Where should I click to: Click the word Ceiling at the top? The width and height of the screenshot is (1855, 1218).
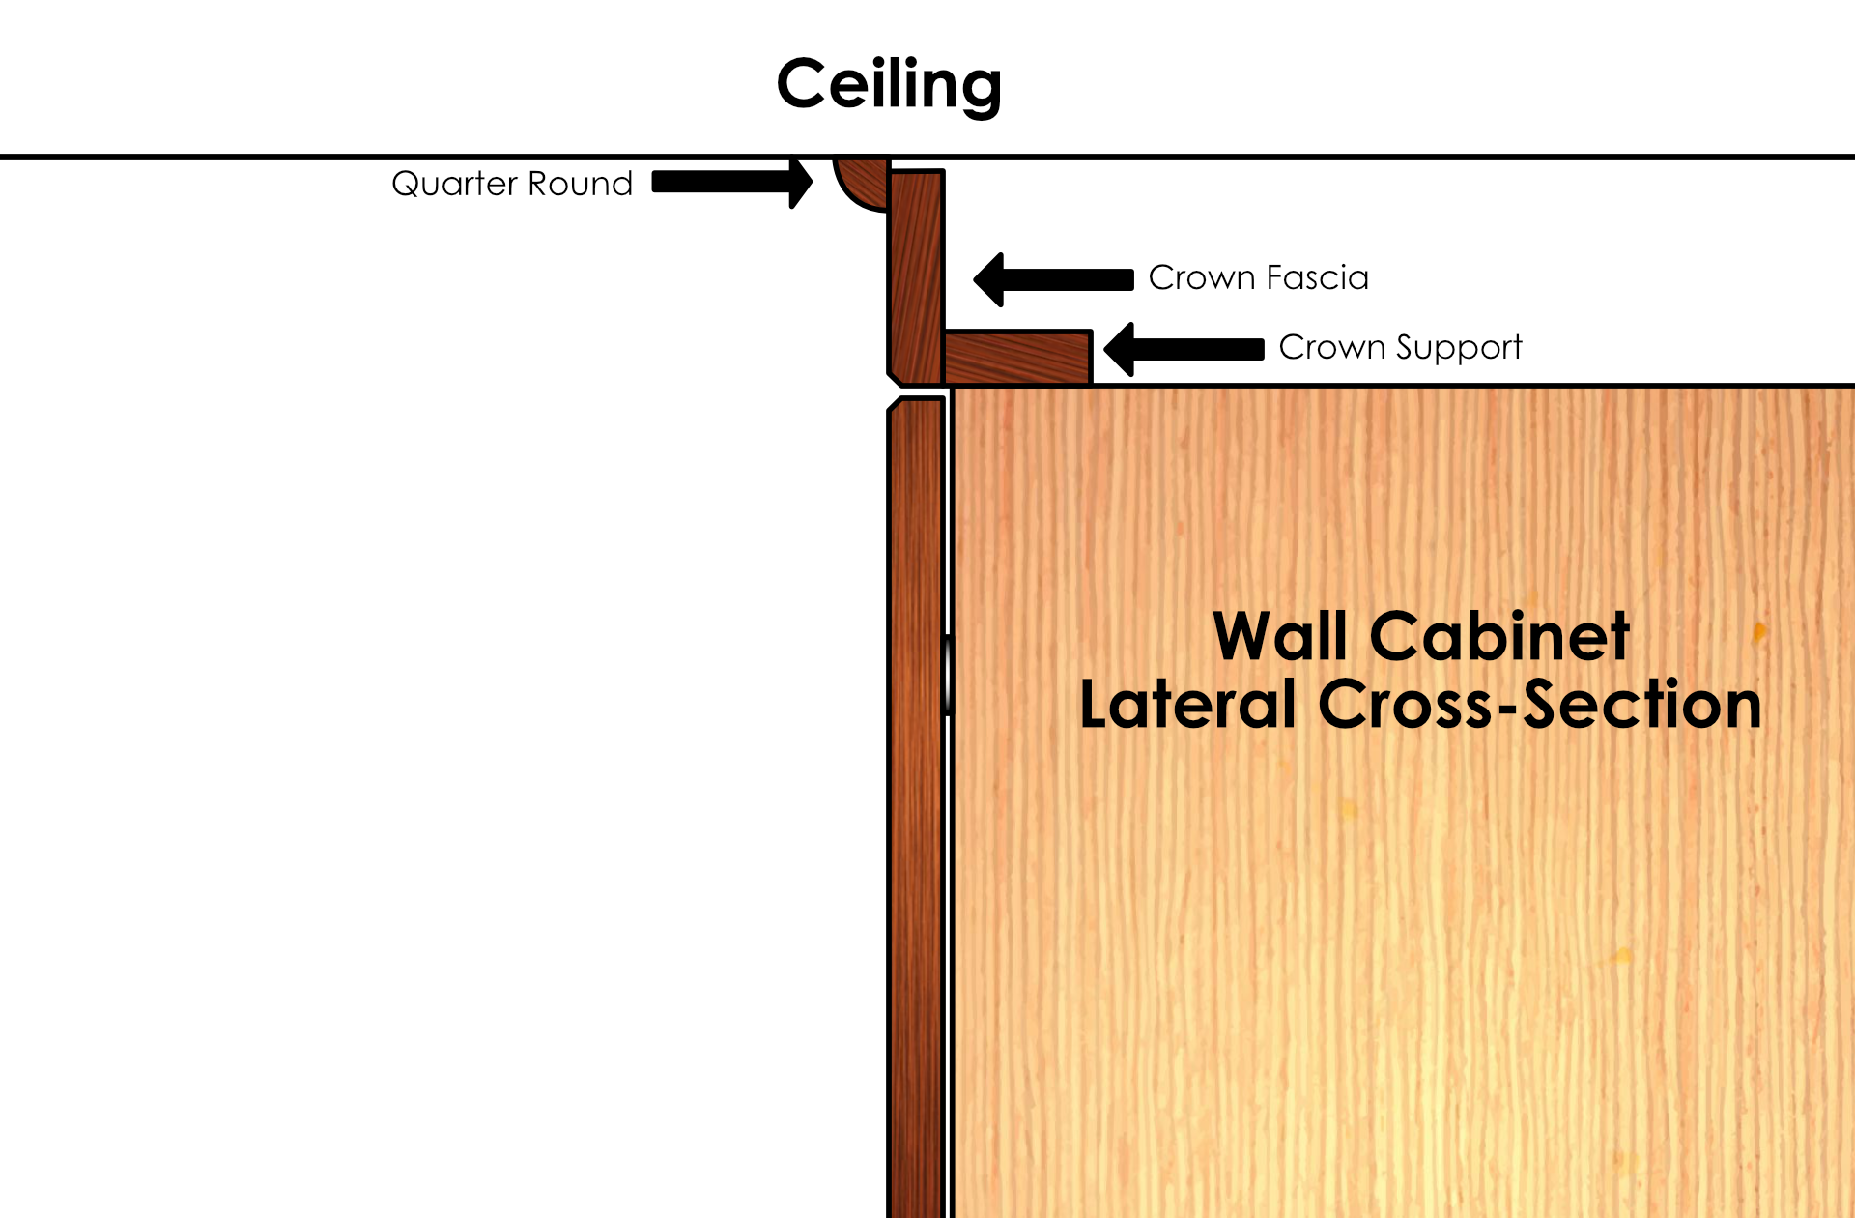[x=889, y=85]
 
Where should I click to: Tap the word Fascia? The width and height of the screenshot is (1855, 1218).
[x=1318, y=278]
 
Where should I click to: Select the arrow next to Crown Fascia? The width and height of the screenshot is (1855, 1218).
[x=1053, y=279]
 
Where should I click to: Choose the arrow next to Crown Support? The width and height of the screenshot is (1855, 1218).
[x=1184, y=349]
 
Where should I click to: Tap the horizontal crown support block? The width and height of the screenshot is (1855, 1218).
[x=1017, y=358]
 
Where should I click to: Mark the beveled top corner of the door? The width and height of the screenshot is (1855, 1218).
[x=896, y=405]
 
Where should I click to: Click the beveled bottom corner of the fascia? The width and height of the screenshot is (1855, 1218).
[x=896, y=376]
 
